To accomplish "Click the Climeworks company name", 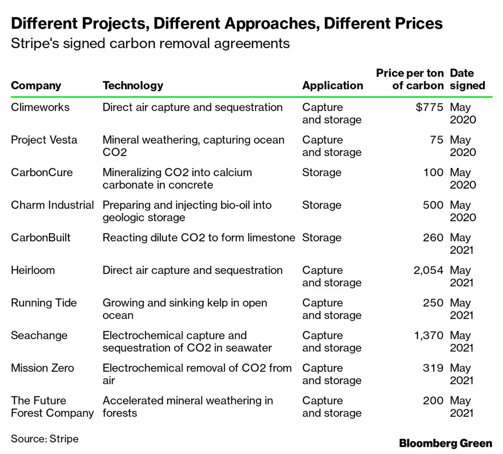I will click(40, 107).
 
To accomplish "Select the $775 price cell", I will click(430, 107).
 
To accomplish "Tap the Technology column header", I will click(133, 86).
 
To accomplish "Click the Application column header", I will click(332, 86).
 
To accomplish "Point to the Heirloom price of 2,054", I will click(428, 270).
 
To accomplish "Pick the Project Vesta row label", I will click(44, 140).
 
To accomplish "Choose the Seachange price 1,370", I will click(428, 335).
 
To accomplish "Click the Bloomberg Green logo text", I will click(446, 443).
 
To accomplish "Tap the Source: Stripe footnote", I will click(45, 438).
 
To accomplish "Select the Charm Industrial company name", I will click(52, 205).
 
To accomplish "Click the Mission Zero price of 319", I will click(433, 368).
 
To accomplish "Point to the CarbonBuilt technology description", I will click(199, 238).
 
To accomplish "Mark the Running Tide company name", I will click(44, 303).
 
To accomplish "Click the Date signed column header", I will click(467, 79).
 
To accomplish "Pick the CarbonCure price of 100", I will click(433, 172).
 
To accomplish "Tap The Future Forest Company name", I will click(52, 407).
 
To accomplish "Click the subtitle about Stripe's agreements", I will click(150, 44).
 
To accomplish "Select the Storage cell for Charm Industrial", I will click(321, 205).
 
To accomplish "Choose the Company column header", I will click(36, 86).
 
